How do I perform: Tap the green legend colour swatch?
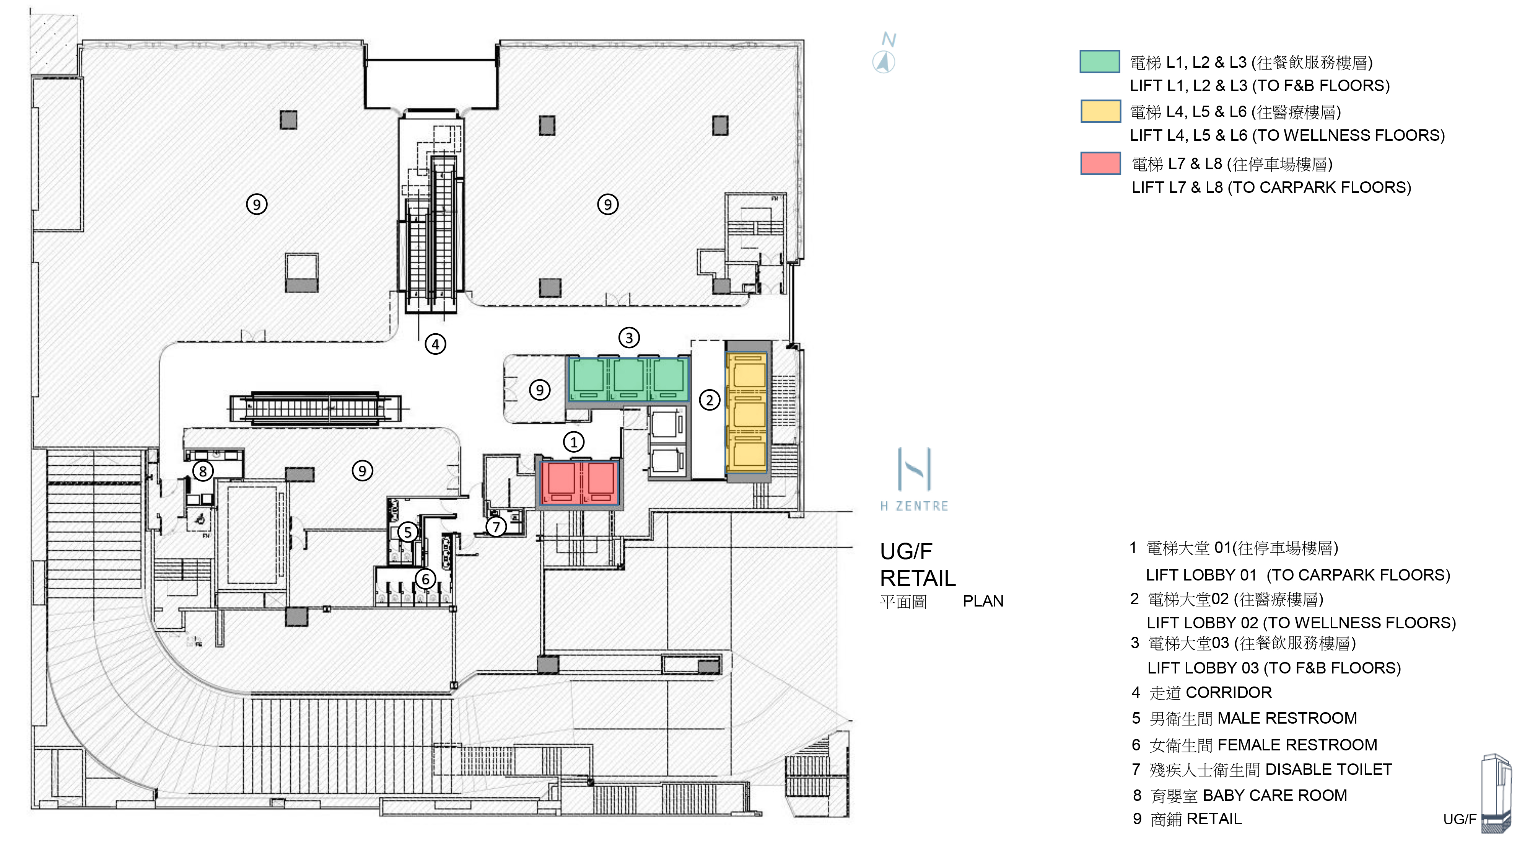point(1099,62)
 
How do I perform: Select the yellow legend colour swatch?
point(1100,111)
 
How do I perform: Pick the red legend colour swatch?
point(1100,163)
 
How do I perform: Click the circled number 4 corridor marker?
point(435,344)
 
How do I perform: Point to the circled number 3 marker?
point(629,338)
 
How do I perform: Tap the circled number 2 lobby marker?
point(709,400)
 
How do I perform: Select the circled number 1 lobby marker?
point(573,442)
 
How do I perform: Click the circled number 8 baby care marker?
point(203,471)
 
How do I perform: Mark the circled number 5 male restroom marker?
point(407,532)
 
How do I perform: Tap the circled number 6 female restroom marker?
point(425,579)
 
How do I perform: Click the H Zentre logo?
point(914,479)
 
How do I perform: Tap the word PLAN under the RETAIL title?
point(983,601)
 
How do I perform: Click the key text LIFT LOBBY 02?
point(1202,623)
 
